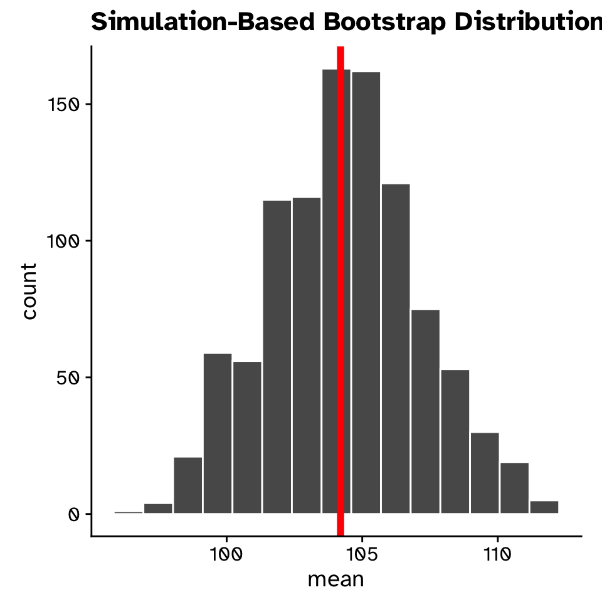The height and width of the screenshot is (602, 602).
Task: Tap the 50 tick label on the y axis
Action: click(x=68, y=378)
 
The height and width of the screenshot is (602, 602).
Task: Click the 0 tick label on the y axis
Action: click(x=73, y=514)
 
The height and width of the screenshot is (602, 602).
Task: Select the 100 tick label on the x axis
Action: click(x=226, y=556)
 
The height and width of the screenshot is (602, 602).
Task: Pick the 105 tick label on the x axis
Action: click(x=362, y=556)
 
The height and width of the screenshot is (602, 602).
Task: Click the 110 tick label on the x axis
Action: click(x=497, y=556)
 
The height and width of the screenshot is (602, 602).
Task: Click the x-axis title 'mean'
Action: click(x=335, y=579)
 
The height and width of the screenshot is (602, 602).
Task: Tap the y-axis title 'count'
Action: click(x=29, y=291)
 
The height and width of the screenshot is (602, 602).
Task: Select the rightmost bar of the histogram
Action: click(x=544, y=507)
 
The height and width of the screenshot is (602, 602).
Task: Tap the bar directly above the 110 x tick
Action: click(x=485, y=473)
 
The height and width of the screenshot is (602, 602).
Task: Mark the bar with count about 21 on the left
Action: click(x=188, y=485)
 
